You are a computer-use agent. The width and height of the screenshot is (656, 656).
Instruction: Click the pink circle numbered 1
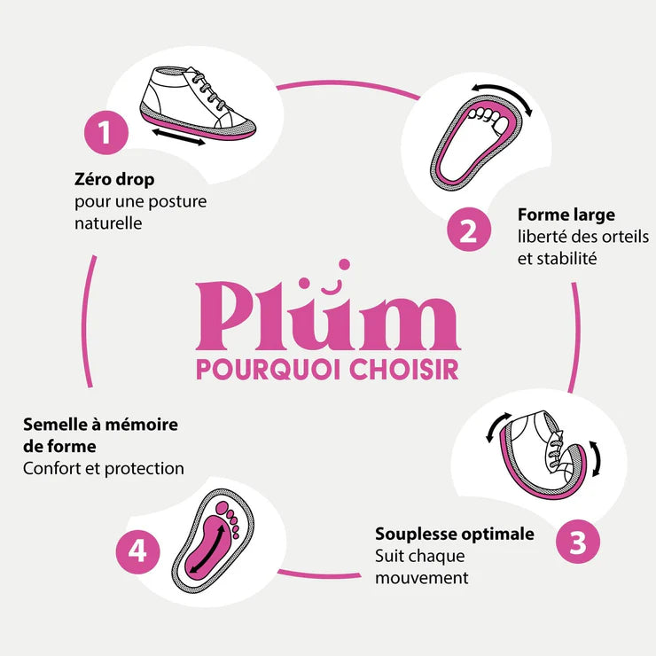click(x=105, y=134)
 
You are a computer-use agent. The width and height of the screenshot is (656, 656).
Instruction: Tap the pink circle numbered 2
click(x=469, y=230)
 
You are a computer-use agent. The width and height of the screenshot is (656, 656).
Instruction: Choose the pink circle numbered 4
click(x=137, y=551)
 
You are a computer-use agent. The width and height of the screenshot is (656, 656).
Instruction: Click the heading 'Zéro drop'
click(x=115, y=180)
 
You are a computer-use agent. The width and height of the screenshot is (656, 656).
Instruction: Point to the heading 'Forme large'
click(x=566, y=215)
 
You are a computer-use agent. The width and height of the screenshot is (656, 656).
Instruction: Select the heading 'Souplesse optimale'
click(x=455, y=535)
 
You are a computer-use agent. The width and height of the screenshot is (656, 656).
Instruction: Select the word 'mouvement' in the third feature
click(x=421, y=578)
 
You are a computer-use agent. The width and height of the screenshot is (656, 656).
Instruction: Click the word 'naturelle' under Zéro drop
click(x=109, y=223)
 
